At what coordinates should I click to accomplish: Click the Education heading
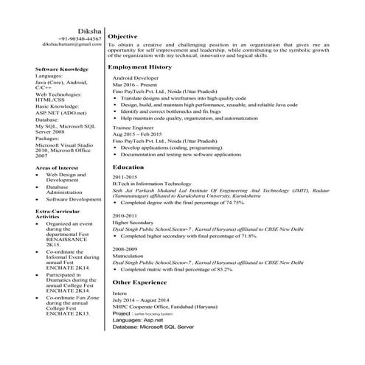click(x=128, y=167)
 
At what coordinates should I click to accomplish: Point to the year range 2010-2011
click(x=125, y=215)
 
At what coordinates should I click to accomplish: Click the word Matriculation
click(x=130, y=256)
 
